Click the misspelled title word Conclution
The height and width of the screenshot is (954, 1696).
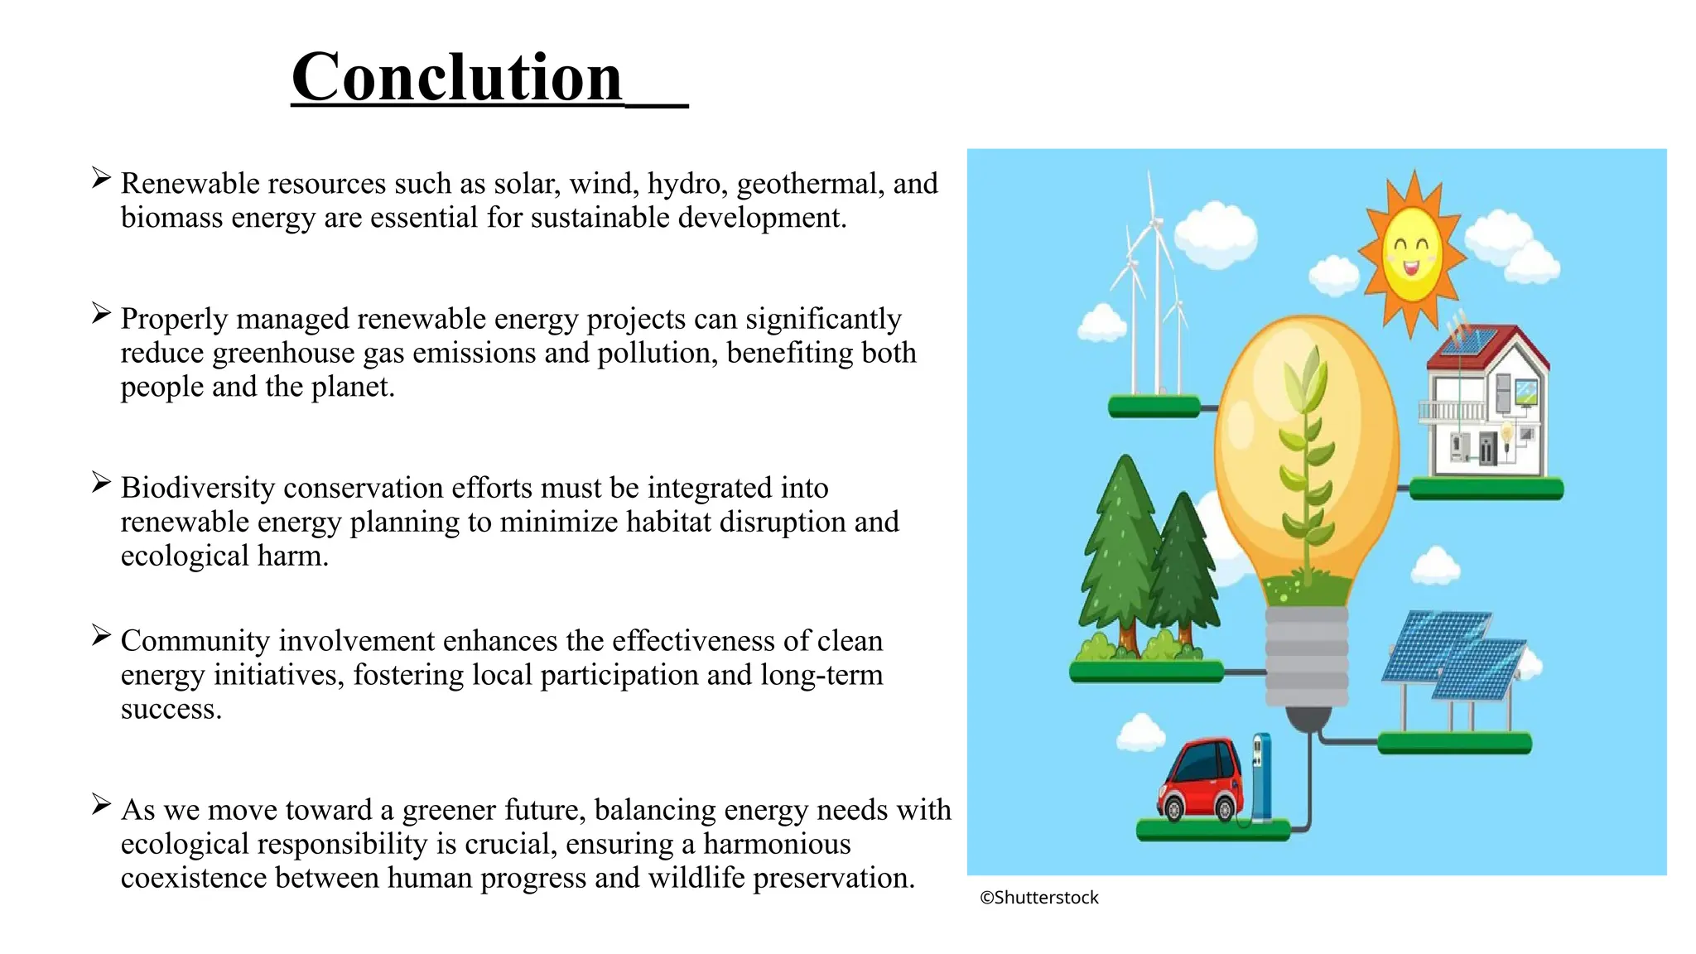[456, 77]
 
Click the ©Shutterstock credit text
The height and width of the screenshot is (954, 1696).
[1038, 898]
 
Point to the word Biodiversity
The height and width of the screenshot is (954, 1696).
[197, 488]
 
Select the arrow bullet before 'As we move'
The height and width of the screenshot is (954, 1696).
[101, 804]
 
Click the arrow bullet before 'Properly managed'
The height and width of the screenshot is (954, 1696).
[101, 313]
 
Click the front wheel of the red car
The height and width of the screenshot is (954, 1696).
[1173, 807]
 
